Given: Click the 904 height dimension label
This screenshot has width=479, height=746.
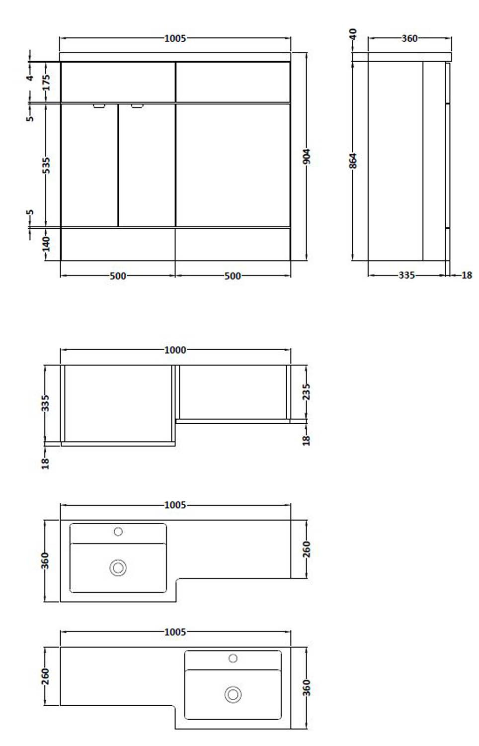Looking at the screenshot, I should pyautogui.click(x=307, y=157).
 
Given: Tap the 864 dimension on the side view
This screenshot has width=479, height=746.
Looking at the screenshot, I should pyautogui.click(x=353, y=161).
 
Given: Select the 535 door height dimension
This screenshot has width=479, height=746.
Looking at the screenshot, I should pyautogui.click(x=46, y=165).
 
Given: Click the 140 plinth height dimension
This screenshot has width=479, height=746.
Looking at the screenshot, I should pyautogui.click(x=46, y=244).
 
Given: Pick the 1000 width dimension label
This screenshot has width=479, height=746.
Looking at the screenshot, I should pyautogui.click(x=175, y=350).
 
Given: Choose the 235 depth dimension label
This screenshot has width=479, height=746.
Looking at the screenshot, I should pyautogui.click(x=307, y=391).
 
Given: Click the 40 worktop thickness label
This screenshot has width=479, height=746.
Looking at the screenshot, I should pyautogui.click(x=353, y=34).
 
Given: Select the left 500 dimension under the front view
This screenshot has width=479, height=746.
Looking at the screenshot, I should pyautogui.click(x=118, y=276).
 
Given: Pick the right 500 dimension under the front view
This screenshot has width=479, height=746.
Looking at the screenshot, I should pyautogui.click(x=233, y=276).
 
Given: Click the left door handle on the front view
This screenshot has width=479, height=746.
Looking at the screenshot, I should pyautogui.click(x=99, y=105).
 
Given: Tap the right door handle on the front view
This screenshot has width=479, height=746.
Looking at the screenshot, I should pyautogui.click(x=137, y=105).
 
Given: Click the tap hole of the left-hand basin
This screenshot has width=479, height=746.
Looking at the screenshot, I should pyautogui.click(x=118, y=532).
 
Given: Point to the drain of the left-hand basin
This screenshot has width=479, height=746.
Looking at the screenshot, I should pyautogui.click(x=118, y=567).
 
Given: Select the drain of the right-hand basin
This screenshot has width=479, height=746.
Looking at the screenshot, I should pyautogui.click(x=233, y=694).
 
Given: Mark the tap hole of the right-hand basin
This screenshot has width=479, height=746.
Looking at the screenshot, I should pyautogui.click(x=233, y=658).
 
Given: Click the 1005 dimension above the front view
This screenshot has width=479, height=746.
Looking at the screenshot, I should pyautogui.click(x=175, y=38).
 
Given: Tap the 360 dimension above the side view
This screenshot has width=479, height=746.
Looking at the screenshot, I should pyautogui.click(x=409, y=38).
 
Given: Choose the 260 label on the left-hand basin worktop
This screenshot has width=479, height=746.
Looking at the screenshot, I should pyautogui.click(x=307, y=549).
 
